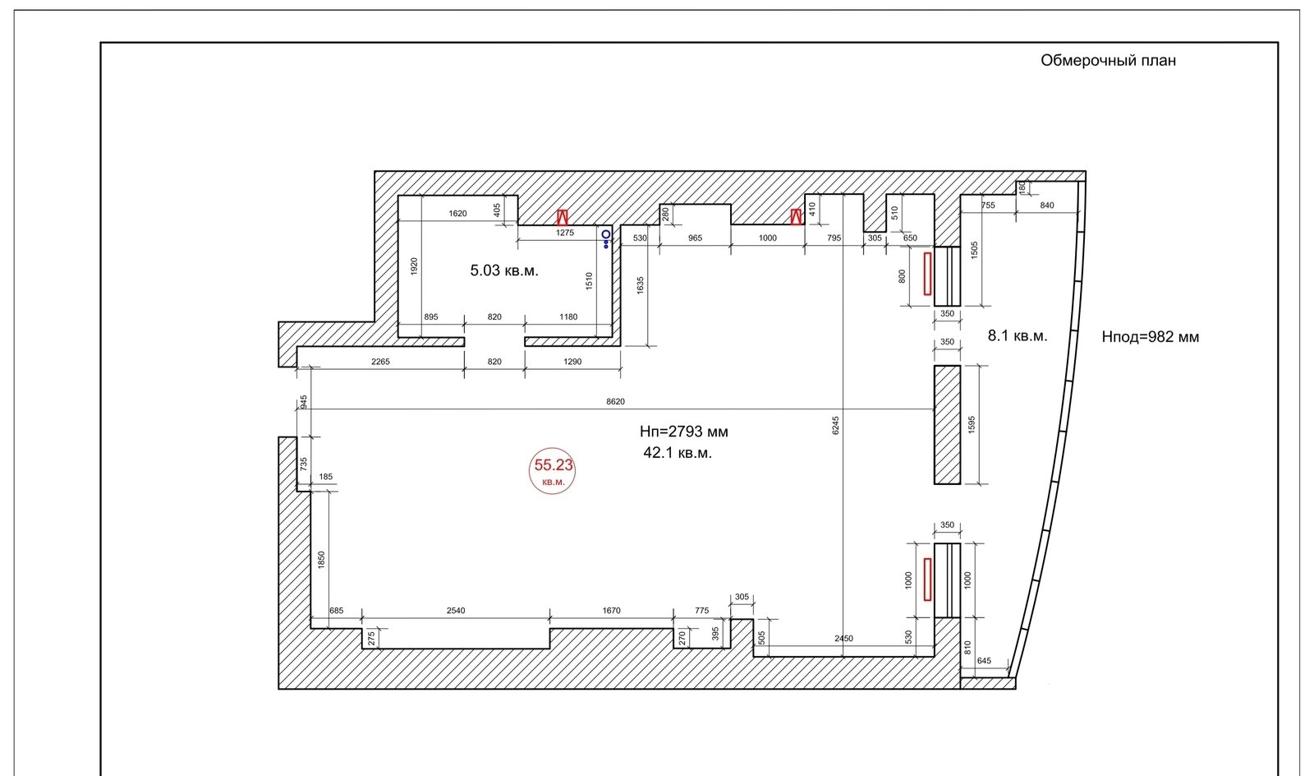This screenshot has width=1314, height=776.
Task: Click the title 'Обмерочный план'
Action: [x=1108, y=61]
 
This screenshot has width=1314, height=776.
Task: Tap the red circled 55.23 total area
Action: [x=553, y=470]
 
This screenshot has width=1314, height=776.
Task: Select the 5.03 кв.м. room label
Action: [x=504, y=270]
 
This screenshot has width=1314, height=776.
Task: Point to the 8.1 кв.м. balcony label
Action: [x=1018, y=335]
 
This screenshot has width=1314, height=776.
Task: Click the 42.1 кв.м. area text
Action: [x=678, y=453]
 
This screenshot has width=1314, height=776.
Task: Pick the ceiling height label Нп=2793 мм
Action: [x=684, y=432]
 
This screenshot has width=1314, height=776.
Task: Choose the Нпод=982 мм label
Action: [x=1151, y=337]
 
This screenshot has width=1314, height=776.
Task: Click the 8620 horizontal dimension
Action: [x=615, y=401]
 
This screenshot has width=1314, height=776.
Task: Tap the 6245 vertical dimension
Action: [x=835, y=426]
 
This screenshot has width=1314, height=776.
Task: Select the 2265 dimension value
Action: [x=380, y=362]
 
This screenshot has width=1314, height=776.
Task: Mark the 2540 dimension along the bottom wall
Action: [x=456, y=611]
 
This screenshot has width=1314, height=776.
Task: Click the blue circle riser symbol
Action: [x=606, y=234]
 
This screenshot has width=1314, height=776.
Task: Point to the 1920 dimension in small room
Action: [x=414, y=266]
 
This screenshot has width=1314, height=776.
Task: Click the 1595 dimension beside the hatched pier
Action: [x=972, y=425]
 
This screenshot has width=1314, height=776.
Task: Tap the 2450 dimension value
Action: [x=843, y=639]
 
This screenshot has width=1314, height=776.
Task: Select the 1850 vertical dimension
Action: [x=321, y=560]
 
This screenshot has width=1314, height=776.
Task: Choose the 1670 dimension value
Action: [x=611, y=611]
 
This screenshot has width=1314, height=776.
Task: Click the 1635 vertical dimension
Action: [x=640, y=285]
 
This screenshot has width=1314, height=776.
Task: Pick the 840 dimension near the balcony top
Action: [x=1047, y=206]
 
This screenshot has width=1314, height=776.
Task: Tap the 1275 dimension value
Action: [x=565, y=233]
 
